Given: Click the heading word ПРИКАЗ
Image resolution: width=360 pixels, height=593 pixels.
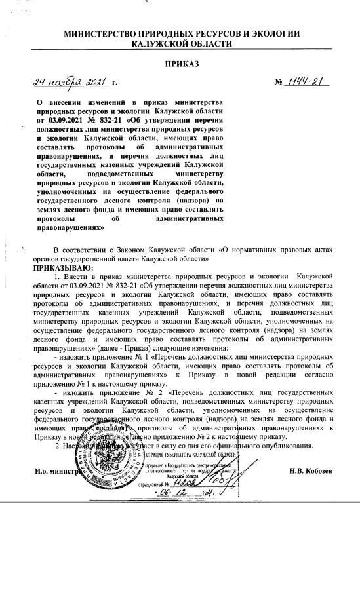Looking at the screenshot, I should click(181, 64).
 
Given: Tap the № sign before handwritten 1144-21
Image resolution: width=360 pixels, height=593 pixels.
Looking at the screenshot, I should click(278, 84).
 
